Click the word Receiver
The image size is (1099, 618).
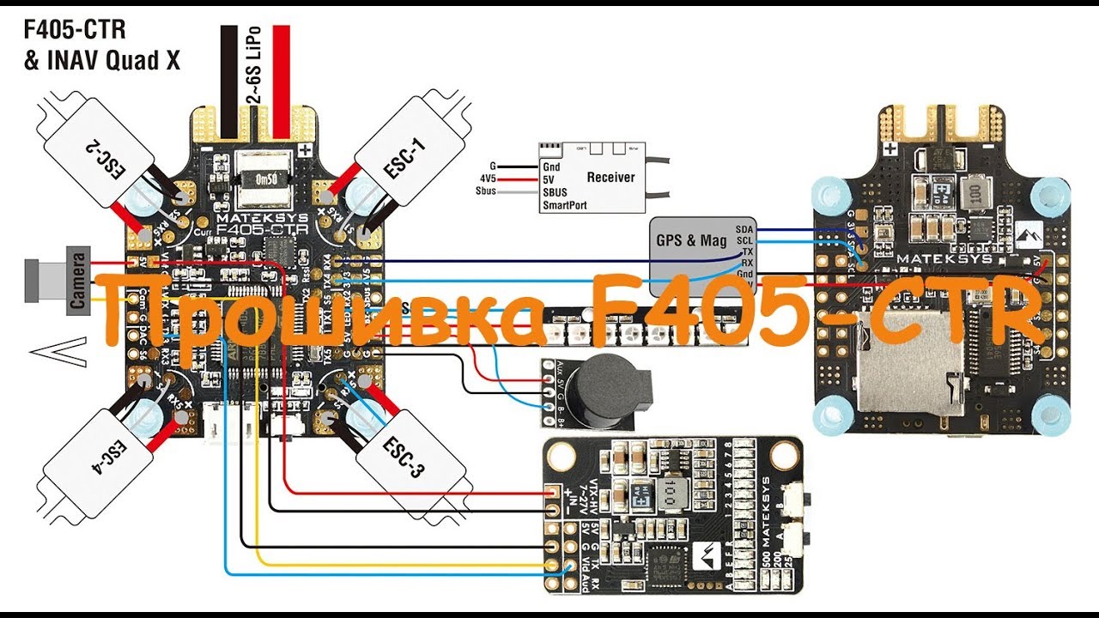(x=610, y=177)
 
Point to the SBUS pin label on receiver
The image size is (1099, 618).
(x=555, y=193)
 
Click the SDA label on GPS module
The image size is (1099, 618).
(x=744, y=231)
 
